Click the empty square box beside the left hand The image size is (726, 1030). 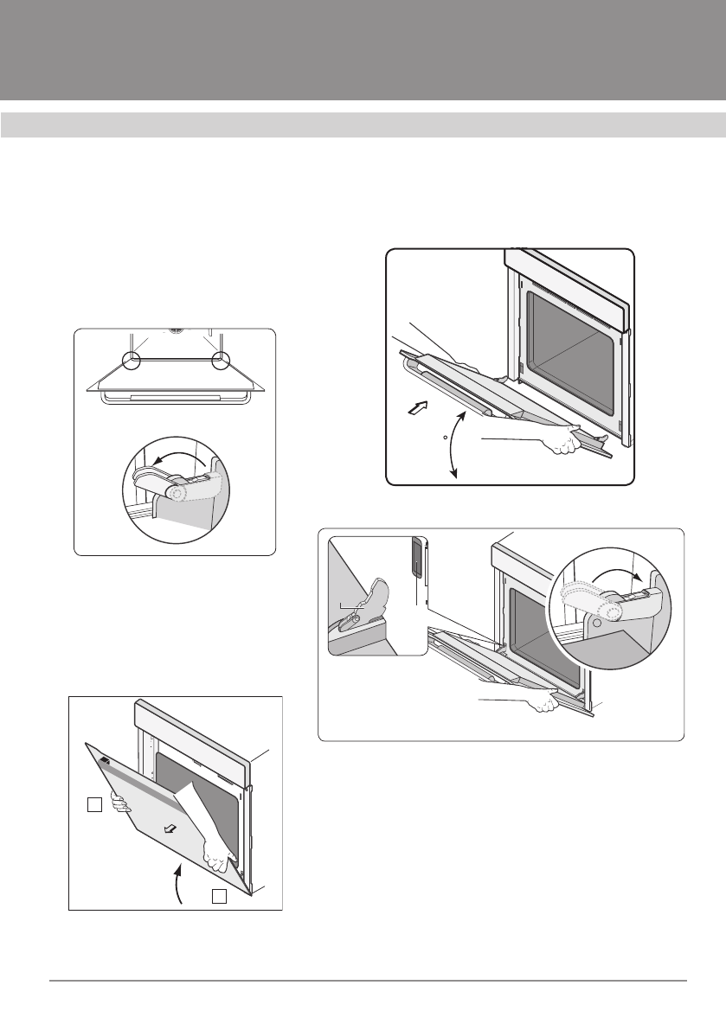[x=94, y=805]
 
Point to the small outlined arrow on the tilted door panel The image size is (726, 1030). [x=171, y=828]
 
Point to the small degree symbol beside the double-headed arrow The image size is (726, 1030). [x=444, y=438]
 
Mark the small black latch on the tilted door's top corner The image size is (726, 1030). [x=105, y=760]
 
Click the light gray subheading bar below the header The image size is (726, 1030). [x=363, y=125]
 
